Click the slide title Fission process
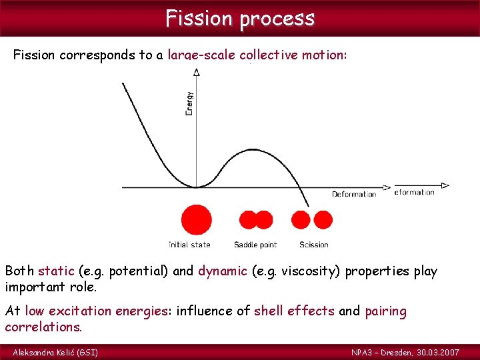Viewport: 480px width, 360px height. (240, 18)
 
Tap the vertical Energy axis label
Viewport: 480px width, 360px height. (189, 103)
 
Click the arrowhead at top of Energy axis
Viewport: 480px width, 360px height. (196, 72)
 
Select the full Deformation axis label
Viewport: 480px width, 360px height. (354, 195)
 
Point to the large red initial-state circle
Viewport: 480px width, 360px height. (196, 220)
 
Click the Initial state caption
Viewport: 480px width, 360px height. (189, 245)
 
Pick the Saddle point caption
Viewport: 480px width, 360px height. (255, 245)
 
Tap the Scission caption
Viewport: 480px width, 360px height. (313, 245)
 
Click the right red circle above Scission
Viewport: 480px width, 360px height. (323, 219)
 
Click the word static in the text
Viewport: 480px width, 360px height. (56, 271)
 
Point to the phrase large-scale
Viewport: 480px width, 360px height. (201, 55)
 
